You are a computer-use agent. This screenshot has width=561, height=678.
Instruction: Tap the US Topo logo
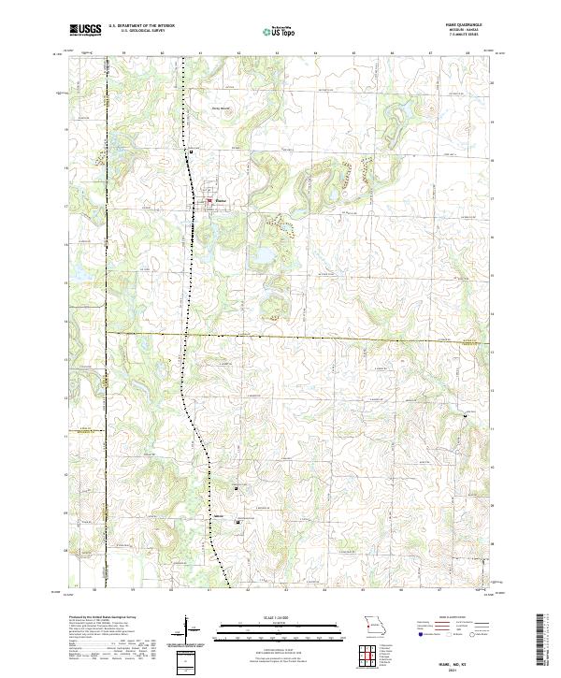(280, 31)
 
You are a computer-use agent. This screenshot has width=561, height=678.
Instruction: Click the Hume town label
(222, 200)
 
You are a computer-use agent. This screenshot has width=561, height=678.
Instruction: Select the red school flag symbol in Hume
(209, 199)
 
